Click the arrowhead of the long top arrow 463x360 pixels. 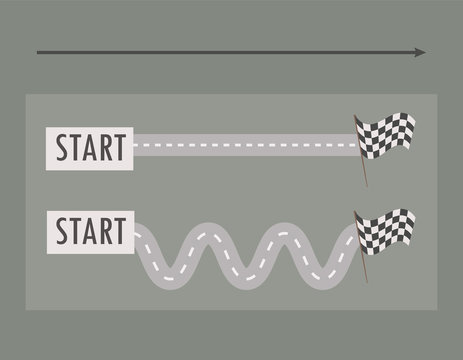pyautogui.click(x=420, y=53)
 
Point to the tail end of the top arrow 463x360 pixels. pyautogui.click(x=38, y=53)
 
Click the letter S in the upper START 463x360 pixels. pyautogui.click(x=62, y=146)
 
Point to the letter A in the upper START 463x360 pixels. pyautogui.click(x=90, y=146)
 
